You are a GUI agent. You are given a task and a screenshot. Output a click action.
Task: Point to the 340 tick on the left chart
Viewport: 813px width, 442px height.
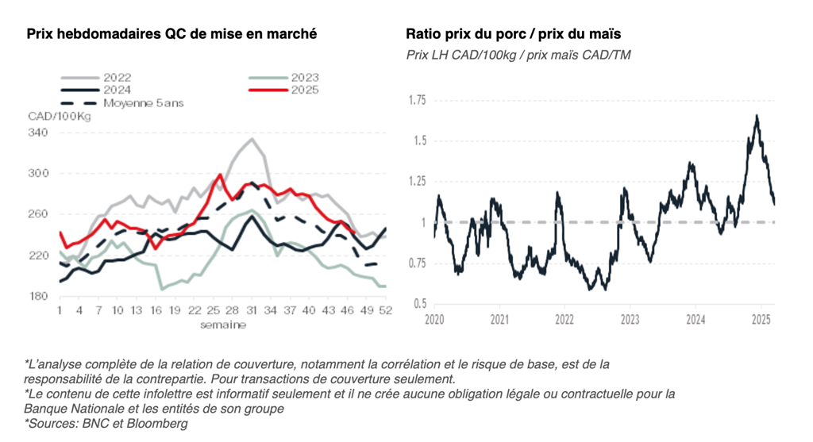coord(39,133)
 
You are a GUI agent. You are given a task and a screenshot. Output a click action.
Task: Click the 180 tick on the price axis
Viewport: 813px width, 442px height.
coord(39,296)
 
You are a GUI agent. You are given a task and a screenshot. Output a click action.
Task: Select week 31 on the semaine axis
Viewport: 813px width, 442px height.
coord(252,309)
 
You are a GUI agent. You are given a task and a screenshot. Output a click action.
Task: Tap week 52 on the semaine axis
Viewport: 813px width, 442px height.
coord(385,309)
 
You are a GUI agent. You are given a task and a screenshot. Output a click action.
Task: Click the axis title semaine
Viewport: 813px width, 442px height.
coord(223,324)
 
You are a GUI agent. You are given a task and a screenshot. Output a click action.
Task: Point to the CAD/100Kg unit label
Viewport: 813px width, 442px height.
coord(60,117)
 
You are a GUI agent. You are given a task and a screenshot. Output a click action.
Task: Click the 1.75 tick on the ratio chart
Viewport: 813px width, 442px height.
coord(418,100)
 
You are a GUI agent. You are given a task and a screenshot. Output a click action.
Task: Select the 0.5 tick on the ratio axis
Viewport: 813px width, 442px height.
coord(420,304)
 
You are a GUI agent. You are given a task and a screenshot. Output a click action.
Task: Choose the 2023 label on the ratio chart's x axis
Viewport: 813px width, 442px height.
coord(630,320)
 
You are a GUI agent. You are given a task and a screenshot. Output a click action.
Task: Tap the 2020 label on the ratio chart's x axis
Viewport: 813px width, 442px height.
coord(433,320)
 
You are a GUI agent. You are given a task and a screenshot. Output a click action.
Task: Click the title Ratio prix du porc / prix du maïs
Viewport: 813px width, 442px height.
coord(513,34)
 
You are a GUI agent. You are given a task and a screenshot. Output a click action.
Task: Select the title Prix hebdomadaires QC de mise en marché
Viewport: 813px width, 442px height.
coord(171,34)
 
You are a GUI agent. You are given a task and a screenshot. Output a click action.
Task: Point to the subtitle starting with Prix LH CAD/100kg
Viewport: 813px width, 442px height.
coord(518,55)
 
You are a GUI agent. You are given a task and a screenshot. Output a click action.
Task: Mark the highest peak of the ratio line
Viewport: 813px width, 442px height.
coord(757,116)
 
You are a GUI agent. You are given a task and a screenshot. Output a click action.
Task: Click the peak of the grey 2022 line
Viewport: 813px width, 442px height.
coord(252,139)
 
